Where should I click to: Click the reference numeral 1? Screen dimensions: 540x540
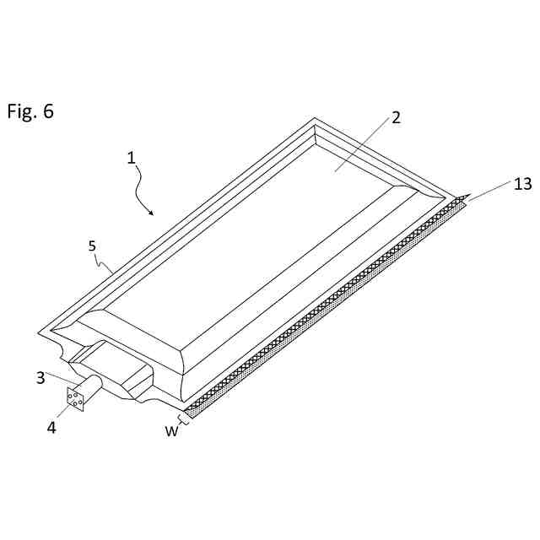(132, 157)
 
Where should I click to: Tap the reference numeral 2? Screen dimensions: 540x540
(394, 118)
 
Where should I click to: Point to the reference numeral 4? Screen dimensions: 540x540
(51, 427)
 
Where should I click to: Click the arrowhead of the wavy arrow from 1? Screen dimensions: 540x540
(152, 213)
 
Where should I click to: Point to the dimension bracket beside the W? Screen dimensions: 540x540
(182, 418)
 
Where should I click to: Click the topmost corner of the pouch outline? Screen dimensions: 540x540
(315, 118)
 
